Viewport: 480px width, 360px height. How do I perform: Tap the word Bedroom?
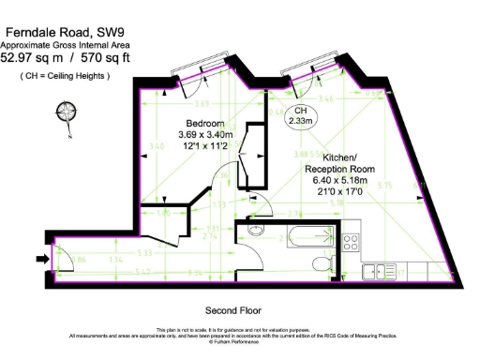[x=204, y=124]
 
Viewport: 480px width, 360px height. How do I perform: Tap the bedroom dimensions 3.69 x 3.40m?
[x=204, y=135]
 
